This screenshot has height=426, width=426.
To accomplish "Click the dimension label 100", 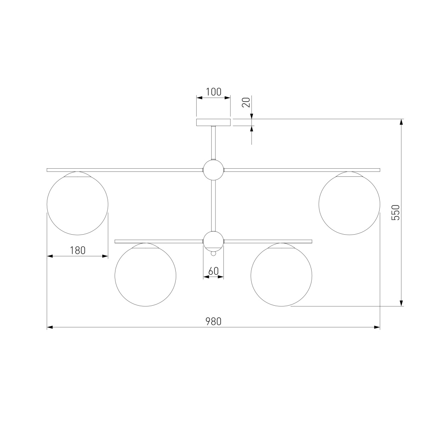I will [x=213, y=92].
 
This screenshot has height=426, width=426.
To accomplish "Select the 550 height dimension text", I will [x=395, y=212].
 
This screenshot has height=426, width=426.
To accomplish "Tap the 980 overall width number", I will [x=213, y=321].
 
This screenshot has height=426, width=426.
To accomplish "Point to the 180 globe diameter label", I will [x=77, y=250].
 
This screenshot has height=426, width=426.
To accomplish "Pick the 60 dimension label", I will [x=213, y=271].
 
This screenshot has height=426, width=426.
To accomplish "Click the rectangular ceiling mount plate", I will [x=213, y=122].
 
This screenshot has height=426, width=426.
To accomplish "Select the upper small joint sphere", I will [x=213, y=170].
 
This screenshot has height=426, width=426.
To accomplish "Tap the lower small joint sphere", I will [x=213, y=241].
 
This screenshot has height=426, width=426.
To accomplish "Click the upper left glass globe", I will [x=77, y=204].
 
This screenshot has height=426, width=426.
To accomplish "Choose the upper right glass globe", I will [x=349, y=204].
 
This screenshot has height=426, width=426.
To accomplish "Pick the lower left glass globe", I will [x=145, y=275].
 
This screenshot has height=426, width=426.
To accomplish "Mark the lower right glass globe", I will [x=281, y=275].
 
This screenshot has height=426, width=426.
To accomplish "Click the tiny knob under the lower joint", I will [x=213, y=254].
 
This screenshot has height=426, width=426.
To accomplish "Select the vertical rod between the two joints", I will [x=213, y=206].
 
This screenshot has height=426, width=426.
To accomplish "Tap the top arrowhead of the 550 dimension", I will [x=402, y=122].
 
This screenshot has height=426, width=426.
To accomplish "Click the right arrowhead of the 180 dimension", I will [x=105, y=256].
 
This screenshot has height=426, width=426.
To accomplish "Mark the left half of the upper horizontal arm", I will [x=124, y=170].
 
